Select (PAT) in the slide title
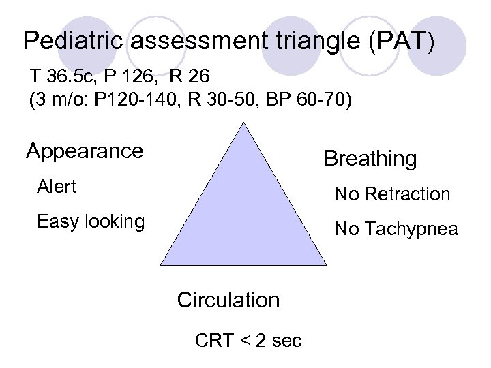pos(399,42)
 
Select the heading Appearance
pos(85,151)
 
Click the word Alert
pos(57,186)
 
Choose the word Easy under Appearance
pos(57,221)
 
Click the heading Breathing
pos(370,159)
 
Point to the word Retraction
pos(407,194)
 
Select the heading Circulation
pos(228,300)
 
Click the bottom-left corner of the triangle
pos(161,264)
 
